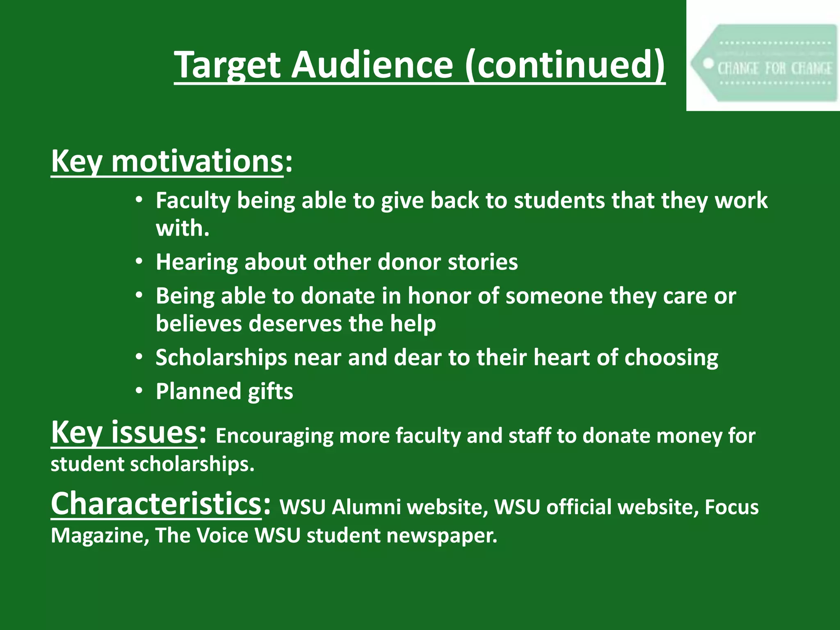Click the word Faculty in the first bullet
pyautogui.click(x=193, y=201)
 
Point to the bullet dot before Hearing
pyautogui.click(x=139, y=262)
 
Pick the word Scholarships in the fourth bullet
pyautogui.click(x=221, y=358)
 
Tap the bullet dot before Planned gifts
pyautogui.click(x=139, y=391)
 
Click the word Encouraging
pyautogui.click(x=274, y=436)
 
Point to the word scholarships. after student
pyautogui.click(x=192, y=464)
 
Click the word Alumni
pyautogui.click(x=366, y=507)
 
